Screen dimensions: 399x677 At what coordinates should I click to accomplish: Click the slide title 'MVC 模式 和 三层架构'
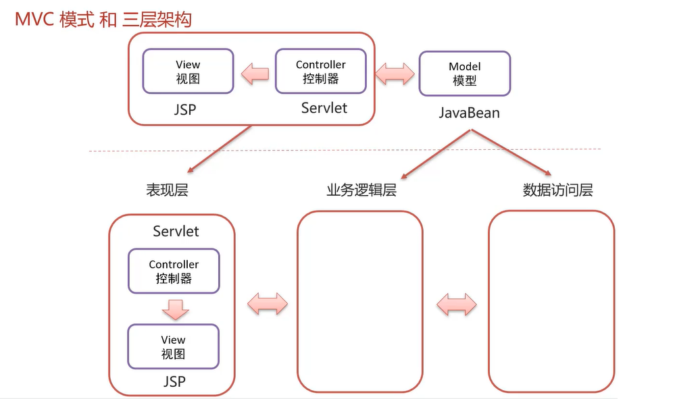click(103, 19)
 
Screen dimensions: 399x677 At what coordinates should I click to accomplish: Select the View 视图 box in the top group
click(188, 71)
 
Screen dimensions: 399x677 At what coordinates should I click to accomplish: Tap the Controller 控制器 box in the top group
click(320, 71)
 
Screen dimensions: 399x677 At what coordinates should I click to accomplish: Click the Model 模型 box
click(464, 73)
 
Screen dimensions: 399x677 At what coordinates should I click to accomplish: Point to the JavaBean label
click(469, 113)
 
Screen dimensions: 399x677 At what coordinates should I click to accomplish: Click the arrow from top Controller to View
click(255, 73)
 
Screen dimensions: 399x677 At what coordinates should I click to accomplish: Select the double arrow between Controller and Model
click(394, 73)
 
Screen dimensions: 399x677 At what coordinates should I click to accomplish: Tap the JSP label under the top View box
click(184, 109)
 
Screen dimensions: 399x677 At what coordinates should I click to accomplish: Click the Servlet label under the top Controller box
click(324, 108)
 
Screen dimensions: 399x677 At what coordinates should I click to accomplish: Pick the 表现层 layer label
click(167, 190)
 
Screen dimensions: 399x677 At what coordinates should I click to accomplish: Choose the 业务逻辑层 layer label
click(361, 190)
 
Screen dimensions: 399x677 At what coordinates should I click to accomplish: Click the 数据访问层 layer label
click(557, 190)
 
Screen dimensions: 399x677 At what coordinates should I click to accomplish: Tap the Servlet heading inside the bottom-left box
click(176, 232)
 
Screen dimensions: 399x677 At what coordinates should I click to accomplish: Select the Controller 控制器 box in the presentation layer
click(174, 271)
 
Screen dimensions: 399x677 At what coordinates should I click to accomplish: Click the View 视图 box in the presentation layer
click(173, 346)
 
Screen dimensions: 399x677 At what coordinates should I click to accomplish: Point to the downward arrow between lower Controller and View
click(174, 309)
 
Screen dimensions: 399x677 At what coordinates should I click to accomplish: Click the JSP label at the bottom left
click(174, 382)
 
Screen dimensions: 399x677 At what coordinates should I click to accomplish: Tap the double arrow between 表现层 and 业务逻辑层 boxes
click(268, 304)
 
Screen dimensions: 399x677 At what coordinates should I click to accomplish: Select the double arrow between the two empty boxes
click(456, 304)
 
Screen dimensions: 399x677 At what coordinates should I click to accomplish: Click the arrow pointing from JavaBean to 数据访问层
click(513, 154)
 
